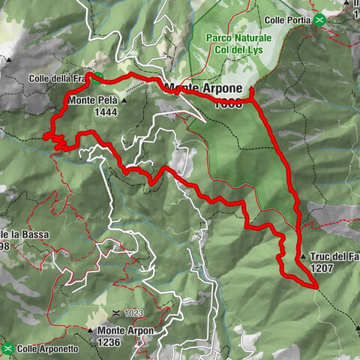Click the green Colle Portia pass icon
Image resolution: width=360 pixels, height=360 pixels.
coord(320,19)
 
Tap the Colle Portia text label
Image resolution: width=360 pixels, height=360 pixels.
coord(289,20)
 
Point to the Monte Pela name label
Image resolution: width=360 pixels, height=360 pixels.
coord(93,100)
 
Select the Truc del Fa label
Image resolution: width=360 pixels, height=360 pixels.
coord(334,256)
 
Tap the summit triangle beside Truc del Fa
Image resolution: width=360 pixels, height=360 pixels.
coord(302,256)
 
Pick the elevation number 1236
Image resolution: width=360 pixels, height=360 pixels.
coord(109,342)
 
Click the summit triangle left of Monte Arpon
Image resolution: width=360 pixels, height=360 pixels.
coord(91,331)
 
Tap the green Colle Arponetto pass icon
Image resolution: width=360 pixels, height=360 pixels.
coord(8,348)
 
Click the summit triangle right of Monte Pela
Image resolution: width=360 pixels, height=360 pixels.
coord(124,100)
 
